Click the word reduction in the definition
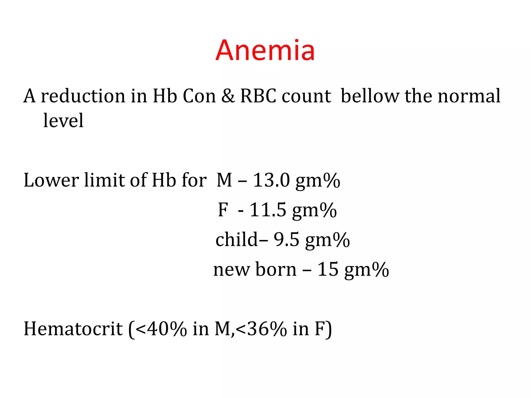(83, 96)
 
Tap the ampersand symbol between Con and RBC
(228, 96)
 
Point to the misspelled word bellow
(370, 96)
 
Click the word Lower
(51, 180)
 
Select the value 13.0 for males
(271, 180)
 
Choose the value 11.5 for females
(268, 210)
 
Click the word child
(236, 239)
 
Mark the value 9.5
(287, 239)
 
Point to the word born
(276, 269)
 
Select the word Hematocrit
(73, 329)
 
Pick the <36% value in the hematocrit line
(262, 329)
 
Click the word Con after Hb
(199, 96)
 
